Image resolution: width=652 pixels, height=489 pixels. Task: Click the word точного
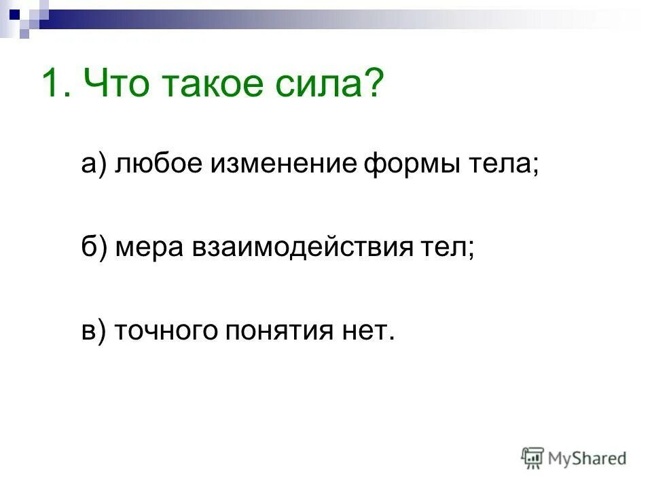coord(166,331)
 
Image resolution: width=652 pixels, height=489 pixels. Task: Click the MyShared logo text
coord(587,458)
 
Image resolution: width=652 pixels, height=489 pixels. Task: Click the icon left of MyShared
coord(533,458)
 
